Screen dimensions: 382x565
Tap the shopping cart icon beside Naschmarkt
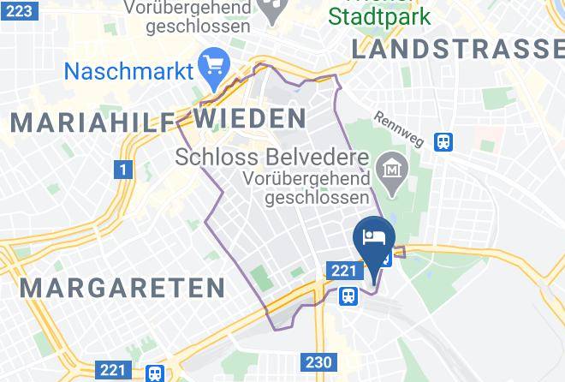point(211,64)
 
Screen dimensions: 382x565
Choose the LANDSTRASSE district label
point(458,51)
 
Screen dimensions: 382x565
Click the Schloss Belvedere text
point(272,158)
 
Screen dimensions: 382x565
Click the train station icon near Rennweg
point(443,140)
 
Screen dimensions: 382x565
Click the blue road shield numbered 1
point(123,170)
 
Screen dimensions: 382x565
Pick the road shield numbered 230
point(318,362)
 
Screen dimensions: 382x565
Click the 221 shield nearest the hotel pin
point(342,271)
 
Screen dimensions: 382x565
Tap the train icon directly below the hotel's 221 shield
point(348,295)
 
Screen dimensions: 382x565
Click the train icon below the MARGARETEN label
point(155,373)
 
